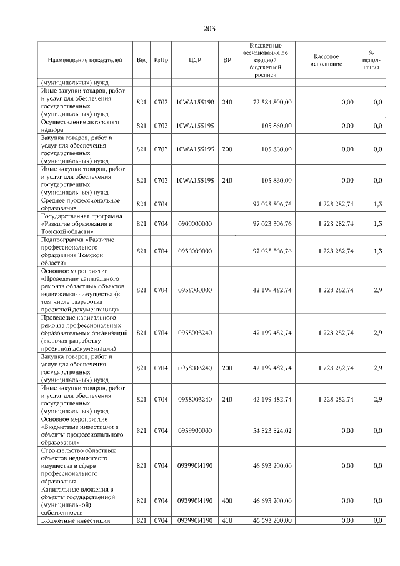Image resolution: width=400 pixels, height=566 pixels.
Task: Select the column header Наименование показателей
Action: click(x=85, y=60)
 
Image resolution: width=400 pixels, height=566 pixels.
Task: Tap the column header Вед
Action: click(x=141, y=60)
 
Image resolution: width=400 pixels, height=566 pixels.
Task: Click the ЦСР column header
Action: click(x=194, y=60)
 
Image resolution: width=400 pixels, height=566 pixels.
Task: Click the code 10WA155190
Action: click(x=195, y=102)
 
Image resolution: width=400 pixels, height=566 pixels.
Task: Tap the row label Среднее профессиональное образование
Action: click(x=80, y=204)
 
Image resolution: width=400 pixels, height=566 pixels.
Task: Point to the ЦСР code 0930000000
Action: click(x=195, y=251)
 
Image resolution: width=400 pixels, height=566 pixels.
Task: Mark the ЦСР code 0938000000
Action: click(x=195, y=290)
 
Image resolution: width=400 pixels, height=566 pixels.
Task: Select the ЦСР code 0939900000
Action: click(x=195, y=430)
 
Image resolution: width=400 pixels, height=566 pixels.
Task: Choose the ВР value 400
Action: click(x=226, y=500)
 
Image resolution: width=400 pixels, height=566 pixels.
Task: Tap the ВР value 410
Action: click(x=226, y=520)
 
